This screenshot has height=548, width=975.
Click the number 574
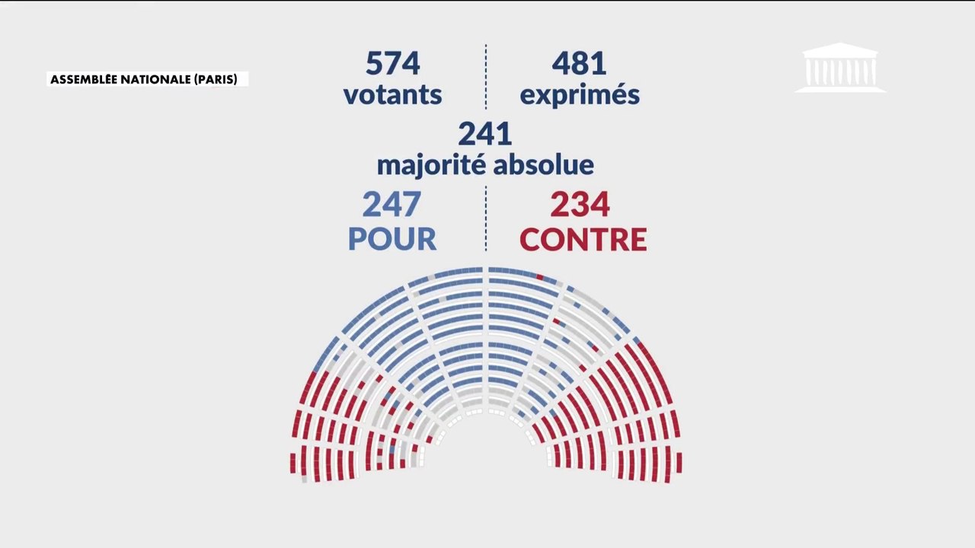point(392,63)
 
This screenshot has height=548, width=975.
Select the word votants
point(392,95)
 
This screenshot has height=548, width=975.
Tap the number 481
point(579,63)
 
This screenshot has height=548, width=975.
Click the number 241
point(484,134)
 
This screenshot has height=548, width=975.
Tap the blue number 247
point(392,204)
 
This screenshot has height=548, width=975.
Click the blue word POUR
point(392,239)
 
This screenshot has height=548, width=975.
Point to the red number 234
point(580,204)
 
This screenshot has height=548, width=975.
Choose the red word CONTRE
point(583,239)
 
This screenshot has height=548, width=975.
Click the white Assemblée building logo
point(840,68)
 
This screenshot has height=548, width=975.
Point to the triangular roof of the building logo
point(840,50)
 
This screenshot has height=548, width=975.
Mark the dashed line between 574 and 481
point(486,76)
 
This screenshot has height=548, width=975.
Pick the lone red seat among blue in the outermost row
point(539,276)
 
